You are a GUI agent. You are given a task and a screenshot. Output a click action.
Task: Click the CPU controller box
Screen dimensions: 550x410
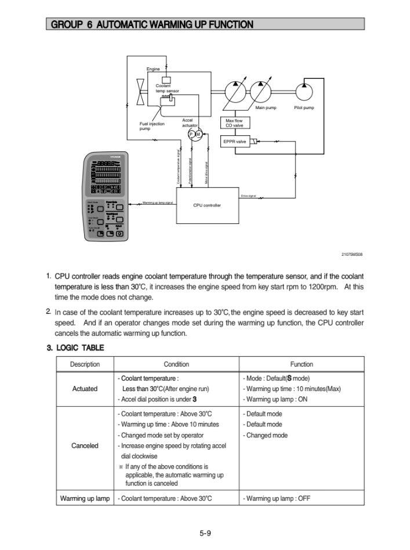207,205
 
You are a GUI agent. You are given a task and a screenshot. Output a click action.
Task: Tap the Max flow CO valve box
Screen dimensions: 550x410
234,123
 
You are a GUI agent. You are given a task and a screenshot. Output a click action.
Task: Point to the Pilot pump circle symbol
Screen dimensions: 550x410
303,92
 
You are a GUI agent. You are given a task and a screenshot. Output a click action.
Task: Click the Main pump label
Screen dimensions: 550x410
266,108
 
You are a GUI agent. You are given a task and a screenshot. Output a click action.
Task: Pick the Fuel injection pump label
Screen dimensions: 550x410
152,126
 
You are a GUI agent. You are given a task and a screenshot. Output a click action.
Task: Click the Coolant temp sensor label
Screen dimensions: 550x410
167,88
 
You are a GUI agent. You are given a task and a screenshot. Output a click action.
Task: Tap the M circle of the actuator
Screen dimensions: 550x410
198,135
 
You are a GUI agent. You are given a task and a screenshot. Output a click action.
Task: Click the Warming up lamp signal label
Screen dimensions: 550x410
158,204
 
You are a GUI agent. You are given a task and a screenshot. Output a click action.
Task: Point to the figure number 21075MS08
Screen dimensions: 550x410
351,254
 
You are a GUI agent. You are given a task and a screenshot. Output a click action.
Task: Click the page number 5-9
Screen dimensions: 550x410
205,534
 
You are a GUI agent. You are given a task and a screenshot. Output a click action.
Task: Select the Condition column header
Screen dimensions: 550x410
176,364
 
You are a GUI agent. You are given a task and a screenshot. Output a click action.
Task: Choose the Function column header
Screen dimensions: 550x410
302,364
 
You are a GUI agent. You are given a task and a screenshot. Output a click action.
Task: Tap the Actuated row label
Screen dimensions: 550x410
85,389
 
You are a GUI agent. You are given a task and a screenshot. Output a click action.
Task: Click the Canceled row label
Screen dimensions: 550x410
85,446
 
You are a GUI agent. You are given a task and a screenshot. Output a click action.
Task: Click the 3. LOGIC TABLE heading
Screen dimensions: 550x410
75,348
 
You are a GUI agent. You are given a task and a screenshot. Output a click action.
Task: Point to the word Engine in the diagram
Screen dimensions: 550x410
153,69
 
